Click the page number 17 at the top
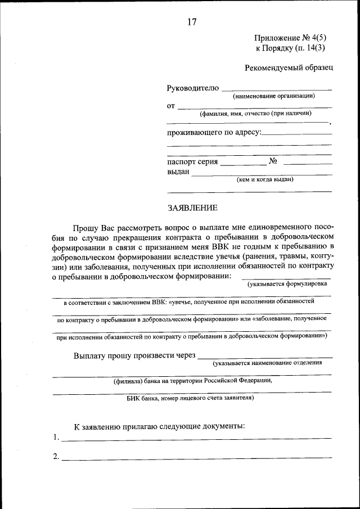point(192,22)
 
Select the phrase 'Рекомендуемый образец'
point(289,68)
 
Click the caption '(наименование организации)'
point(274,96)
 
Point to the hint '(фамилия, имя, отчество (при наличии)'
point(255,114)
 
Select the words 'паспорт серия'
point(192,161)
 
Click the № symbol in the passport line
point(274,161)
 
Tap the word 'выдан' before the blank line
point(178,172)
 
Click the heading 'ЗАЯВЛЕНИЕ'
point(192,208)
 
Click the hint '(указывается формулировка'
point(287,283)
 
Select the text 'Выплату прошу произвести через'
point(134,355)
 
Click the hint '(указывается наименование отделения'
point(263,363)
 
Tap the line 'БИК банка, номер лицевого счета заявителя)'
point(190,398)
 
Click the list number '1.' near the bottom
point(56,437)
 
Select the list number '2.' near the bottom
point(56,457)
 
